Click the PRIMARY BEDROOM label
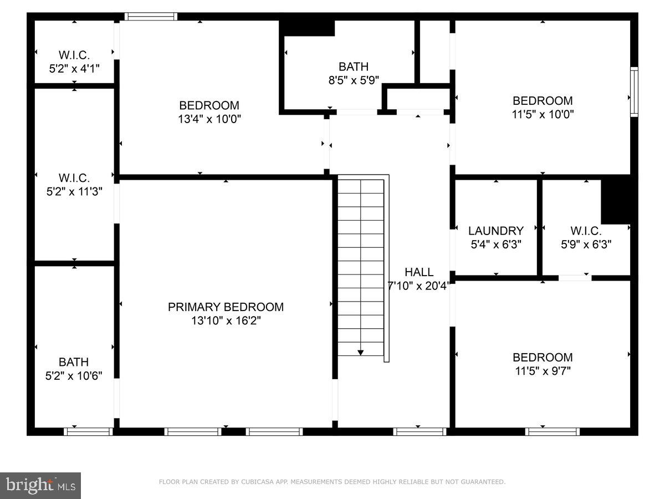coord(226,307)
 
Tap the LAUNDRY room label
coord(495,231)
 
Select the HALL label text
coord(419,272)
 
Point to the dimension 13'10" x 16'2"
coord(226,320)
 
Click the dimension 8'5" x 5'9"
coord(354,80)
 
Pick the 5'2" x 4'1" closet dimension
coord(74,68)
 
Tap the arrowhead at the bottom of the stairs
coord(361,352)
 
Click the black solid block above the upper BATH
coord(307,28)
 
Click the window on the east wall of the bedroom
coord(634,91)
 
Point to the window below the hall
coord(420,431)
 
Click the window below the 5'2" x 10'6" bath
coord(89,431)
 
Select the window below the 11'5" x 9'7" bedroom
coord(553,431)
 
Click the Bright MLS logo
coord(40,485)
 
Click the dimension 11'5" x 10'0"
coord(543,115)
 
